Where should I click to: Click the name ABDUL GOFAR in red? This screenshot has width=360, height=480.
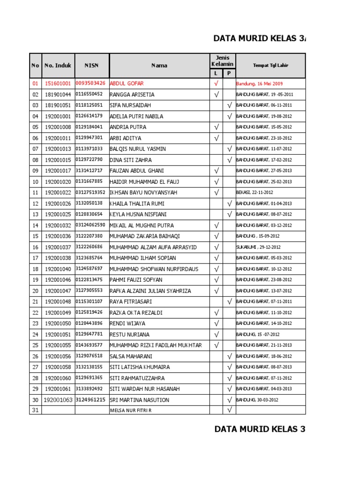click(127, 83)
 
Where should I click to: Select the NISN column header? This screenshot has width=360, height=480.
click(91, 66)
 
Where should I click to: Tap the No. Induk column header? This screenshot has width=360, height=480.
click(58, 66)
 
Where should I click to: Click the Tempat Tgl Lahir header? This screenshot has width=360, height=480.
click(270, 66)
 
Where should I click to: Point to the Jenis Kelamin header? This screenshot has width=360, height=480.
click(223, 60)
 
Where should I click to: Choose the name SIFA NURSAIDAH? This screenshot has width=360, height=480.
click(130, 105)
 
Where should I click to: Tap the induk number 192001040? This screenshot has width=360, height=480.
click(58, 269)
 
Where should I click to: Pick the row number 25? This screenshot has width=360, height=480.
click(35, 345)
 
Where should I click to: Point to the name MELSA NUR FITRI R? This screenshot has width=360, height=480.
click(131, 411)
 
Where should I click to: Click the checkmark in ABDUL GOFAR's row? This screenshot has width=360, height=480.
click(216, 83)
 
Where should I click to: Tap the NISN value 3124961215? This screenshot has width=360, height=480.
click(90, 400)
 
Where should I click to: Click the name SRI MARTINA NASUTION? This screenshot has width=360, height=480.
click(139, 400)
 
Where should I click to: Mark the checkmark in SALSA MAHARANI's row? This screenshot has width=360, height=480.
click(229, 356)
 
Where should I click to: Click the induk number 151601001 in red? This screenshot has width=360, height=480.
click(58, 83)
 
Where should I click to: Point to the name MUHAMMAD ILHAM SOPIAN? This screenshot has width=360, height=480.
click(143, 258)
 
